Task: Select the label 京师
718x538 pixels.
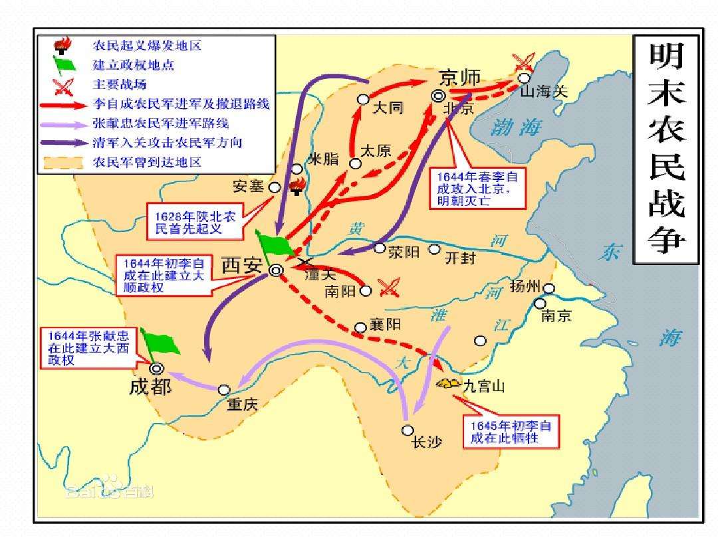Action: [x=460, y=77]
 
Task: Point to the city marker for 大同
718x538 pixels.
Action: [x=363, y=100]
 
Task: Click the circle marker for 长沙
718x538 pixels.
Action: [x=408, y=430]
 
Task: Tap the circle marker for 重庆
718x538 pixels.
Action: [x=225, y=390]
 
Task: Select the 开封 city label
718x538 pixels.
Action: [x=461, y=258]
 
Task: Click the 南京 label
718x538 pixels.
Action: [x=556, y=316]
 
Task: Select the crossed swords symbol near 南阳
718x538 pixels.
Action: [x=388, y=287]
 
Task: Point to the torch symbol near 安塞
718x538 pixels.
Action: [x=297, y=185]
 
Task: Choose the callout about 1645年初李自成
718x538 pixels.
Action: [x=510, y=432]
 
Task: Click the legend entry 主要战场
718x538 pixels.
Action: [x=120, y=84]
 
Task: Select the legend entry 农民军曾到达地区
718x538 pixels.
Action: [x=148, y=162]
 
